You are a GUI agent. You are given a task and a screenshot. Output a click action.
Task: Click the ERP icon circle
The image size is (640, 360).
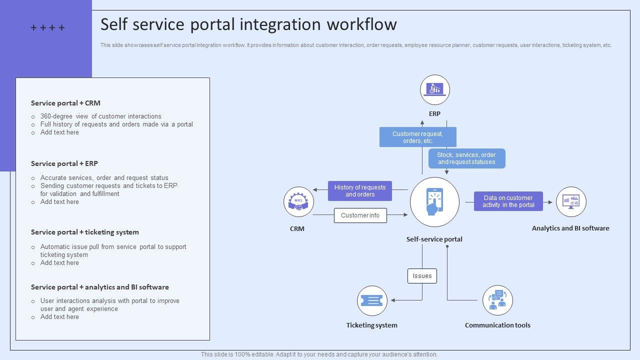point(435,90)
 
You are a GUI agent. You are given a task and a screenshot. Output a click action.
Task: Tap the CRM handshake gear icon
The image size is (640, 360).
point(298,202)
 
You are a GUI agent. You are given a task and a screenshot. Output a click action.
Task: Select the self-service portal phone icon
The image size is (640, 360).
point(434,202)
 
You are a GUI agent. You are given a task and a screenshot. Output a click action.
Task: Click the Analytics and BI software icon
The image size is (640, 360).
point(571,202)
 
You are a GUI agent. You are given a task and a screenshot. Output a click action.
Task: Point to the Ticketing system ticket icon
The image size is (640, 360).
point(372,300)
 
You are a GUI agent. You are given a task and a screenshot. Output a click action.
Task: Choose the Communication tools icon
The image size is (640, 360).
point(497,300)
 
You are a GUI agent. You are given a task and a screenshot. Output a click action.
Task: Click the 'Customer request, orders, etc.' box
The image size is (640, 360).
point(417,137)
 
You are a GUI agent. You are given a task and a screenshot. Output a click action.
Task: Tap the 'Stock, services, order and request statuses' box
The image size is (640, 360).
point(466,158)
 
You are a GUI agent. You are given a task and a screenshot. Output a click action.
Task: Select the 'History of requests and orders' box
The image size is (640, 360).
point(360,191)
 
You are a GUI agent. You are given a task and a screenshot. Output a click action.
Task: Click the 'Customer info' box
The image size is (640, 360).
point(360,215)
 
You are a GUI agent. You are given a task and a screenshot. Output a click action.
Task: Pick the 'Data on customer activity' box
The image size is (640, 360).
point(508,201)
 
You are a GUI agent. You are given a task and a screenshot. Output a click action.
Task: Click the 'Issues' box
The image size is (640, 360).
point(422,276)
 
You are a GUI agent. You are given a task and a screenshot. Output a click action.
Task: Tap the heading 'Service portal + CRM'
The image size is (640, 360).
point(65,103)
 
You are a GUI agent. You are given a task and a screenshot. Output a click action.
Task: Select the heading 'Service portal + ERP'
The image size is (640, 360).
point(64,163)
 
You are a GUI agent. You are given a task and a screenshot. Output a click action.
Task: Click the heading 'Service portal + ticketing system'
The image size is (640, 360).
point(85,232)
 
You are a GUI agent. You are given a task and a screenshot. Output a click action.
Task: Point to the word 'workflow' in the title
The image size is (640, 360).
point(361,24)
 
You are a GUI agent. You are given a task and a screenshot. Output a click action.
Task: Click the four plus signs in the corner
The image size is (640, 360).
point(47,28)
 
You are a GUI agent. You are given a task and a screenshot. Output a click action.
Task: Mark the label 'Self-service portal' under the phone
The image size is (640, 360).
point(434,239)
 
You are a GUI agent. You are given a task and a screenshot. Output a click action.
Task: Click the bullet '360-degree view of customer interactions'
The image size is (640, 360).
point(100,116)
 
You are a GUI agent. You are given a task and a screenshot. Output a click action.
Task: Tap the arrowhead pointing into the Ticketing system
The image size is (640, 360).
point(393,300)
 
